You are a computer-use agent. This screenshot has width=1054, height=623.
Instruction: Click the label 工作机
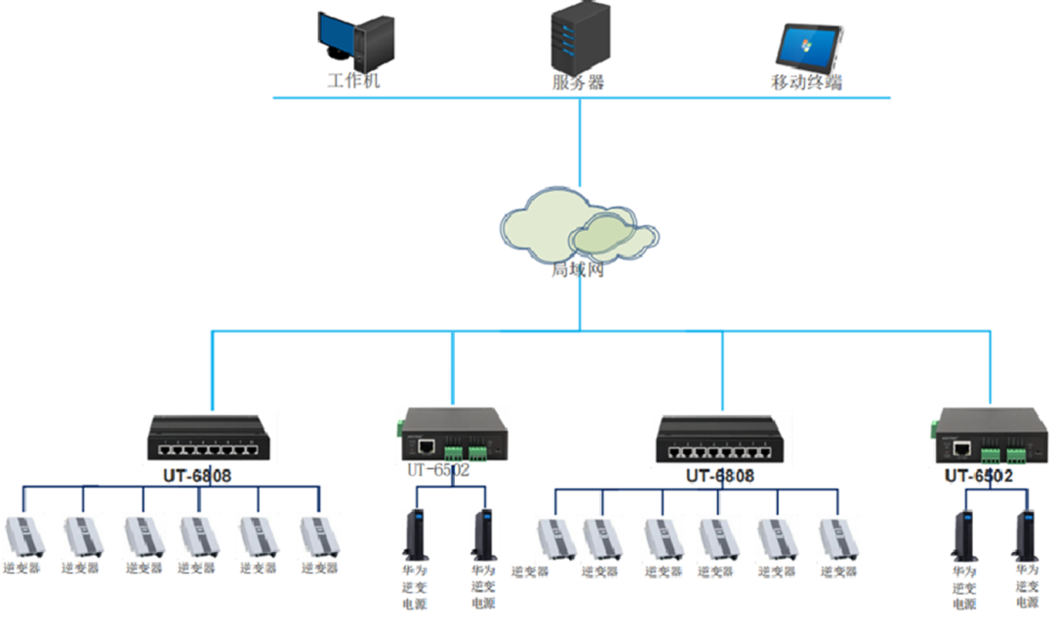point(352,80)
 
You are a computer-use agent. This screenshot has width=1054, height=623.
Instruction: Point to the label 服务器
point(578,82)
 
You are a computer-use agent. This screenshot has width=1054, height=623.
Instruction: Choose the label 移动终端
point(806,83)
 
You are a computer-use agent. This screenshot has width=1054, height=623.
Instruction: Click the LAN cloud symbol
point(579,230)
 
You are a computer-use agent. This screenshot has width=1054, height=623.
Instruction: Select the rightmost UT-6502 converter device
point(990,438)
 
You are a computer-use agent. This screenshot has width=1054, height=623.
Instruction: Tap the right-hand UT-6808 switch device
point(721,439)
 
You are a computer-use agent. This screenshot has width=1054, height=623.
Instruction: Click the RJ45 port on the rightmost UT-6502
point(961,448)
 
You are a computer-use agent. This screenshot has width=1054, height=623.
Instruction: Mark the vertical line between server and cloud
point(580,141)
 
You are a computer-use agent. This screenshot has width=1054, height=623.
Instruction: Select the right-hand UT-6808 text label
point(721,477)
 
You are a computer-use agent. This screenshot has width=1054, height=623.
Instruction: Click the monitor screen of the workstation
point(336,31)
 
